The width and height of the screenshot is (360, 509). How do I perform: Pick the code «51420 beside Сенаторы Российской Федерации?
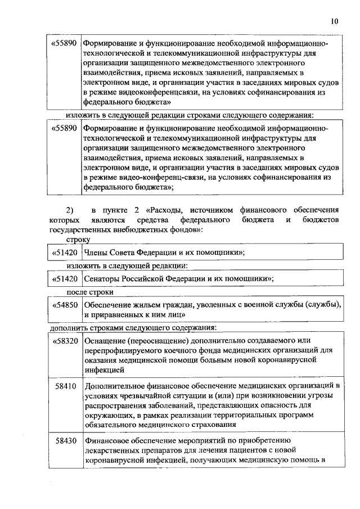64,278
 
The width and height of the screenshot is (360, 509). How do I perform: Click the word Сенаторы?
101,278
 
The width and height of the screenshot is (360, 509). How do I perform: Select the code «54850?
64,305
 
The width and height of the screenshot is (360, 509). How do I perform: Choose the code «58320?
64,341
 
